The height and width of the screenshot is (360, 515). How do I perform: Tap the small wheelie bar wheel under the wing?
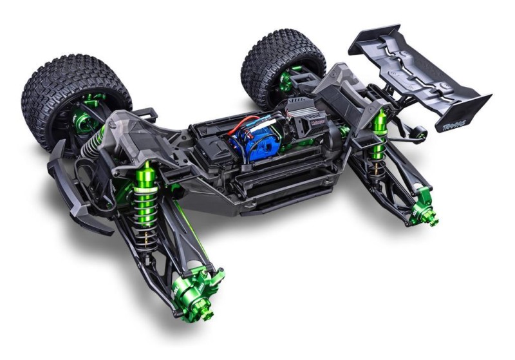[x=421, y=135]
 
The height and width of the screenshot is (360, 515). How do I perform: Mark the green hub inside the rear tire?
[x=288, y=81]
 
